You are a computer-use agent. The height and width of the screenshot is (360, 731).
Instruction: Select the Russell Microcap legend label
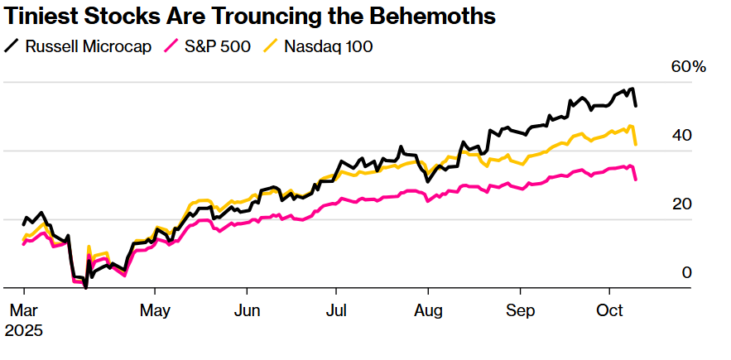[x=89, y=46]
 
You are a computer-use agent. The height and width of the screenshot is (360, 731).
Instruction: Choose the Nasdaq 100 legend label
[x=329, y=46]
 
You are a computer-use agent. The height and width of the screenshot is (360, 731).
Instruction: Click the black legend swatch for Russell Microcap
[x=12, y=46]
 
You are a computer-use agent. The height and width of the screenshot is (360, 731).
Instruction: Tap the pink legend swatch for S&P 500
[x=173, y=46]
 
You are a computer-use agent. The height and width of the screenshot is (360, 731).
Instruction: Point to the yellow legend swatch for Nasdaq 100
[x=271, y=46]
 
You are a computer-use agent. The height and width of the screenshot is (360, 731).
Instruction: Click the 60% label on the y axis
[x=688, y=67]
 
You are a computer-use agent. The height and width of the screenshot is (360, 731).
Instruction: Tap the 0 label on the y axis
[x=686, y=273]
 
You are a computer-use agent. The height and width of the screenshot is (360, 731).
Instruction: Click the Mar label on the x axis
[x=25, y=312]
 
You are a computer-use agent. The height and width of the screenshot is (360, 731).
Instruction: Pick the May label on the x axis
[x=155, y=312]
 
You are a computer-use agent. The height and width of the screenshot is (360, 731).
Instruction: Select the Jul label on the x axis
[x=335, y=312]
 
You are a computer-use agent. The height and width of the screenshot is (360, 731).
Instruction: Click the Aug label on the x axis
[x=428, y=312]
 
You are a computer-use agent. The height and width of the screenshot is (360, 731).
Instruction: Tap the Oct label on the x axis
[x=610, y=312]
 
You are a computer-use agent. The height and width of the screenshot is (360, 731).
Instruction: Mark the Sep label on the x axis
[x=520, y=312]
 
